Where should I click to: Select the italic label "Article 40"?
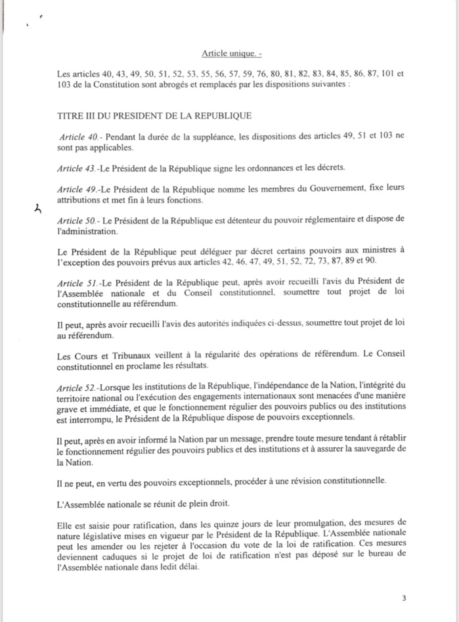[78, 137]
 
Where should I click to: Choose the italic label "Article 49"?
[77, 189]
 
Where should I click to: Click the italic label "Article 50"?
[78, 219]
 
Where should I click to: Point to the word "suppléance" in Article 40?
[190, 137]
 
